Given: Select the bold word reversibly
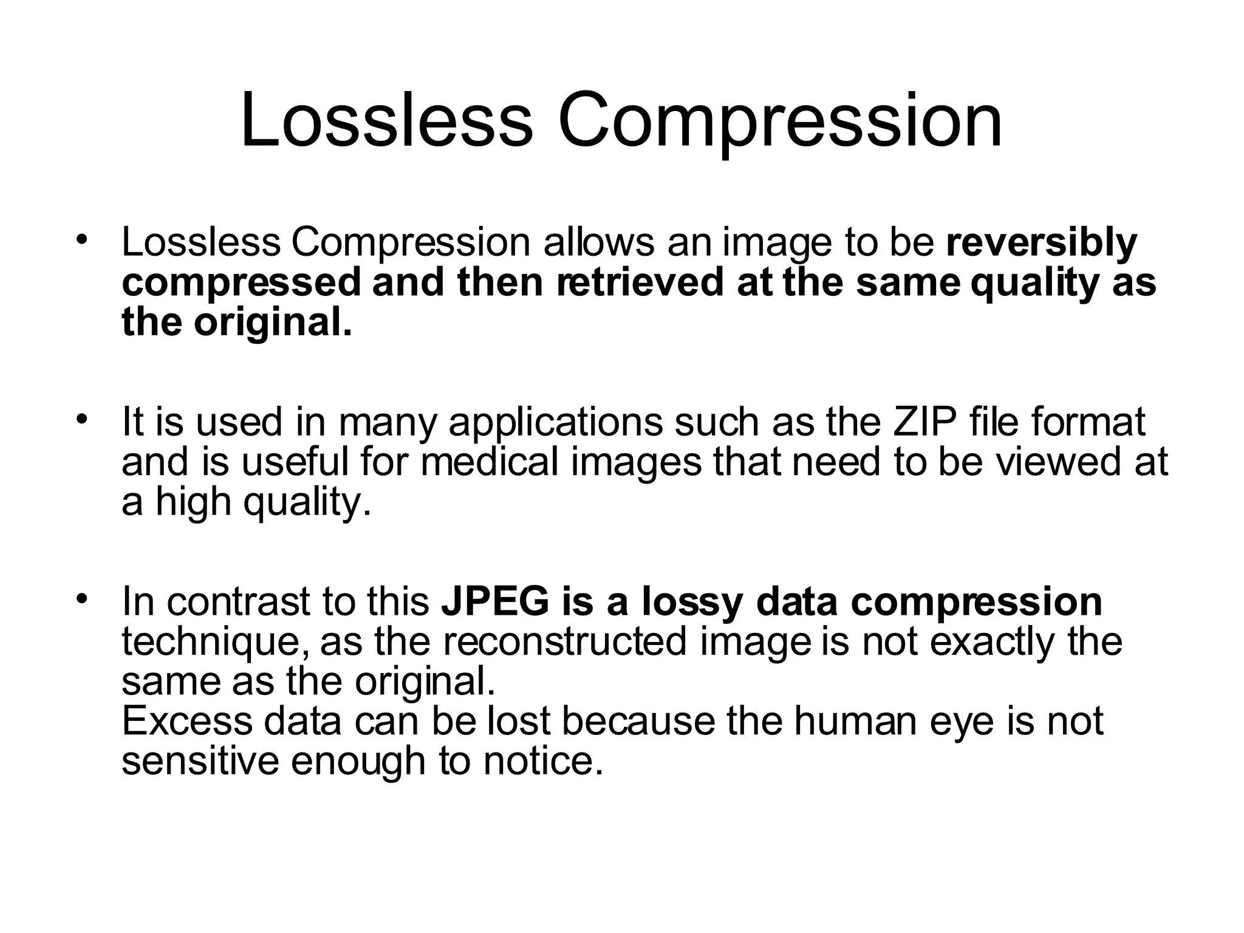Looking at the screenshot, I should (x=1041, y=243).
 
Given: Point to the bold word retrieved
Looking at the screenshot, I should (x=640, y=282).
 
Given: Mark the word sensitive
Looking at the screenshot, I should (x=200, y=760).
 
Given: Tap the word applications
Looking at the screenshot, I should (x=555, y=423).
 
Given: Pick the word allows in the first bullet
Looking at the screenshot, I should (x=599, y=243).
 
